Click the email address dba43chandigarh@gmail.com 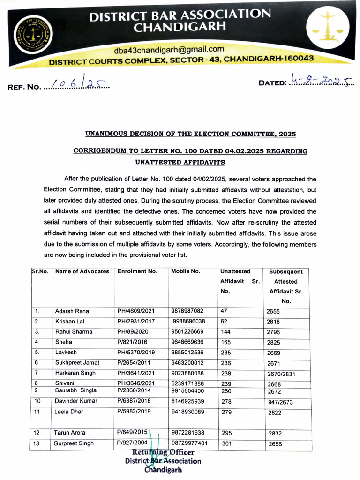(x=169, y=49)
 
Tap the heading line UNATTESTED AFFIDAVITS (x=180, y=162)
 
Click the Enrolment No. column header (x=137, y=271)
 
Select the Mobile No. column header (x=186, y=271)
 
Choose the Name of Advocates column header (x=82, y=271)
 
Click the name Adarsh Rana (x=72, y=311)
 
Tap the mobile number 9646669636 (x=187, y=342)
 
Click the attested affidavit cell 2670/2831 (x=282, y=374)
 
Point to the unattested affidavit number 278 (x=226, y=401)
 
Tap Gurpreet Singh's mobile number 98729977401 (x=189, y=443)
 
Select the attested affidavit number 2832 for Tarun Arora (x=275, y=434)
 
